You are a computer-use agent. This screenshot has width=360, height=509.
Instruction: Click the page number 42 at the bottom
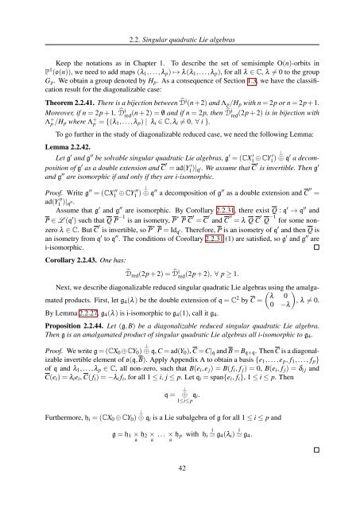180,492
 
